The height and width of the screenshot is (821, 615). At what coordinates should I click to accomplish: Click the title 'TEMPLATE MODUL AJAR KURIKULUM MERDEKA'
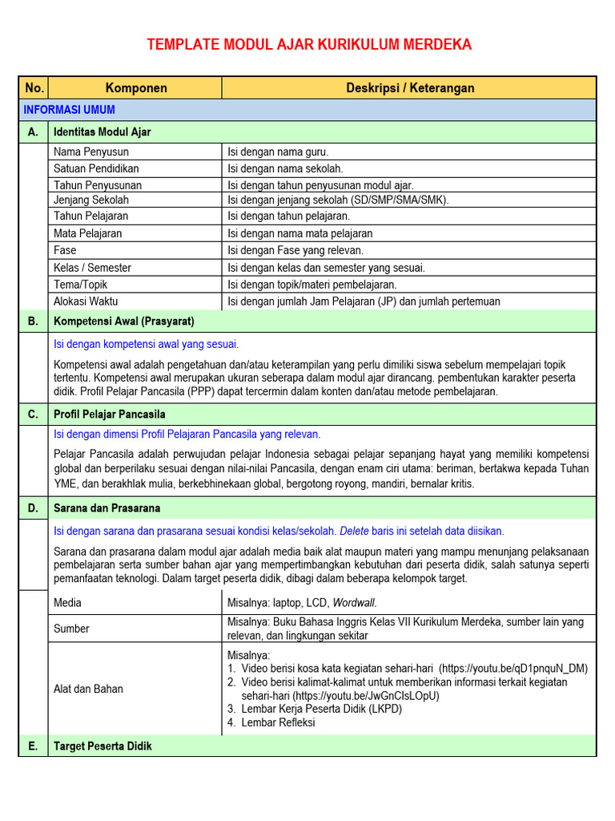309,45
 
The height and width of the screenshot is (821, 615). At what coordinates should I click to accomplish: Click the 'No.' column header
34,88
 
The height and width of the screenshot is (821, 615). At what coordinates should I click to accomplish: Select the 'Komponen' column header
136,88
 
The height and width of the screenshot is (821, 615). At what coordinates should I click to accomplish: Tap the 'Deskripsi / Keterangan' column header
410,88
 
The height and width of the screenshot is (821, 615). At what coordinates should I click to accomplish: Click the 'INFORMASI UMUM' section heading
81,110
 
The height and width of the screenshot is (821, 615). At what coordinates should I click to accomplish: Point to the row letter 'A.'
34,132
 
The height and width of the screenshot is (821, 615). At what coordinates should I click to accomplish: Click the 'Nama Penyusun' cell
91,152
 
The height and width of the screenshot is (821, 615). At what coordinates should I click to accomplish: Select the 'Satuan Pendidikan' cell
96,168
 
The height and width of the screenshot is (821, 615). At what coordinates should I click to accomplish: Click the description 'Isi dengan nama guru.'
278,152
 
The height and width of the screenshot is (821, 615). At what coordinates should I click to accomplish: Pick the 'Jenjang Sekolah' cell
91,200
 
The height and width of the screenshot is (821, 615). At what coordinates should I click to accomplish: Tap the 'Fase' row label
65,250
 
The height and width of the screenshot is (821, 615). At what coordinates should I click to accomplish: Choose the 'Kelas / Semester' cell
92,268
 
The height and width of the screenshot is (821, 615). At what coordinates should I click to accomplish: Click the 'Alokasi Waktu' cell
86,301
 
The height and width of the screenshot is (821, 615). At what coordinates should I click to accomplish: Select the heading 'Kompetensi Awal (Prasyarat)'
123,322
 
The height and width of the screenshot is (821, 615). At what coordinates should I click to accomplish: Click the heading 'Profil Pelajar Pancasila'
109,415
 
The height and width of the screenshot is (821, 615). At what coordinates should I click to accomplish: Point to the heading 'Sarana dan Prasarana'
107,508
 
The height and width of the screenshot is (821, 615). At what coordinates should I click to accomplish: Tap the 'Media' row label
67,603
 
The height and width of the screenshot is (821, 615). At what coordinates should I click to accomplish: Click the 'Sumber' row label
71,629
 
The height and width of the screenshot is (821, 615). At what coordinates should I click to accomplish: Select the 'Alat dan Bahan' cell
88,689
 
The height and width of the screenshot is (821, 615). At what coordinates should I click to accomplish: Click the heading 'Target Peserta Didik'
102,746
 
